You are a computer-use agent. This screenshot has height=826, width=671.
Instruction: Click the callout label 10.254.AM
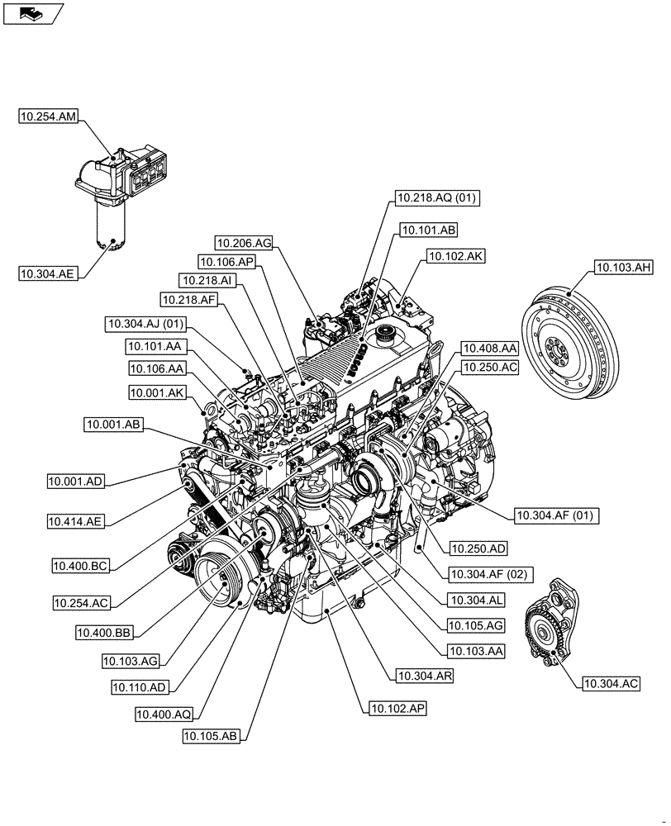[49, 117]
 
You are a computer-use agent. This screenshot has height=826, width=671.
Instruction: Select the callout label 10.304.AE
[49, 272]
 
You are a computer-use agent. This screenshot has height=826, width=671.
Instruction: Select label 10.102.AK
[455, 256]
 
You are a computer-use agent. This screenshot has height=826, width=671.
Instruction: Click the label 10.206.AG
[244, 243]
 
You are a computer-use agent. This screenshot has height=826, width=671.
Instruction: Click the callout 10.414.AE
[76, 521]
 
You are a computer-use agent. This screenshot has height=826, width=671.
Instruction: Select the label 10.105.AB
[211, 737]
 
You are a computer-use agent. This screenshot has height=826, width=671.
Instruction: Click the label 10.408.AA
[489, 348]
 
